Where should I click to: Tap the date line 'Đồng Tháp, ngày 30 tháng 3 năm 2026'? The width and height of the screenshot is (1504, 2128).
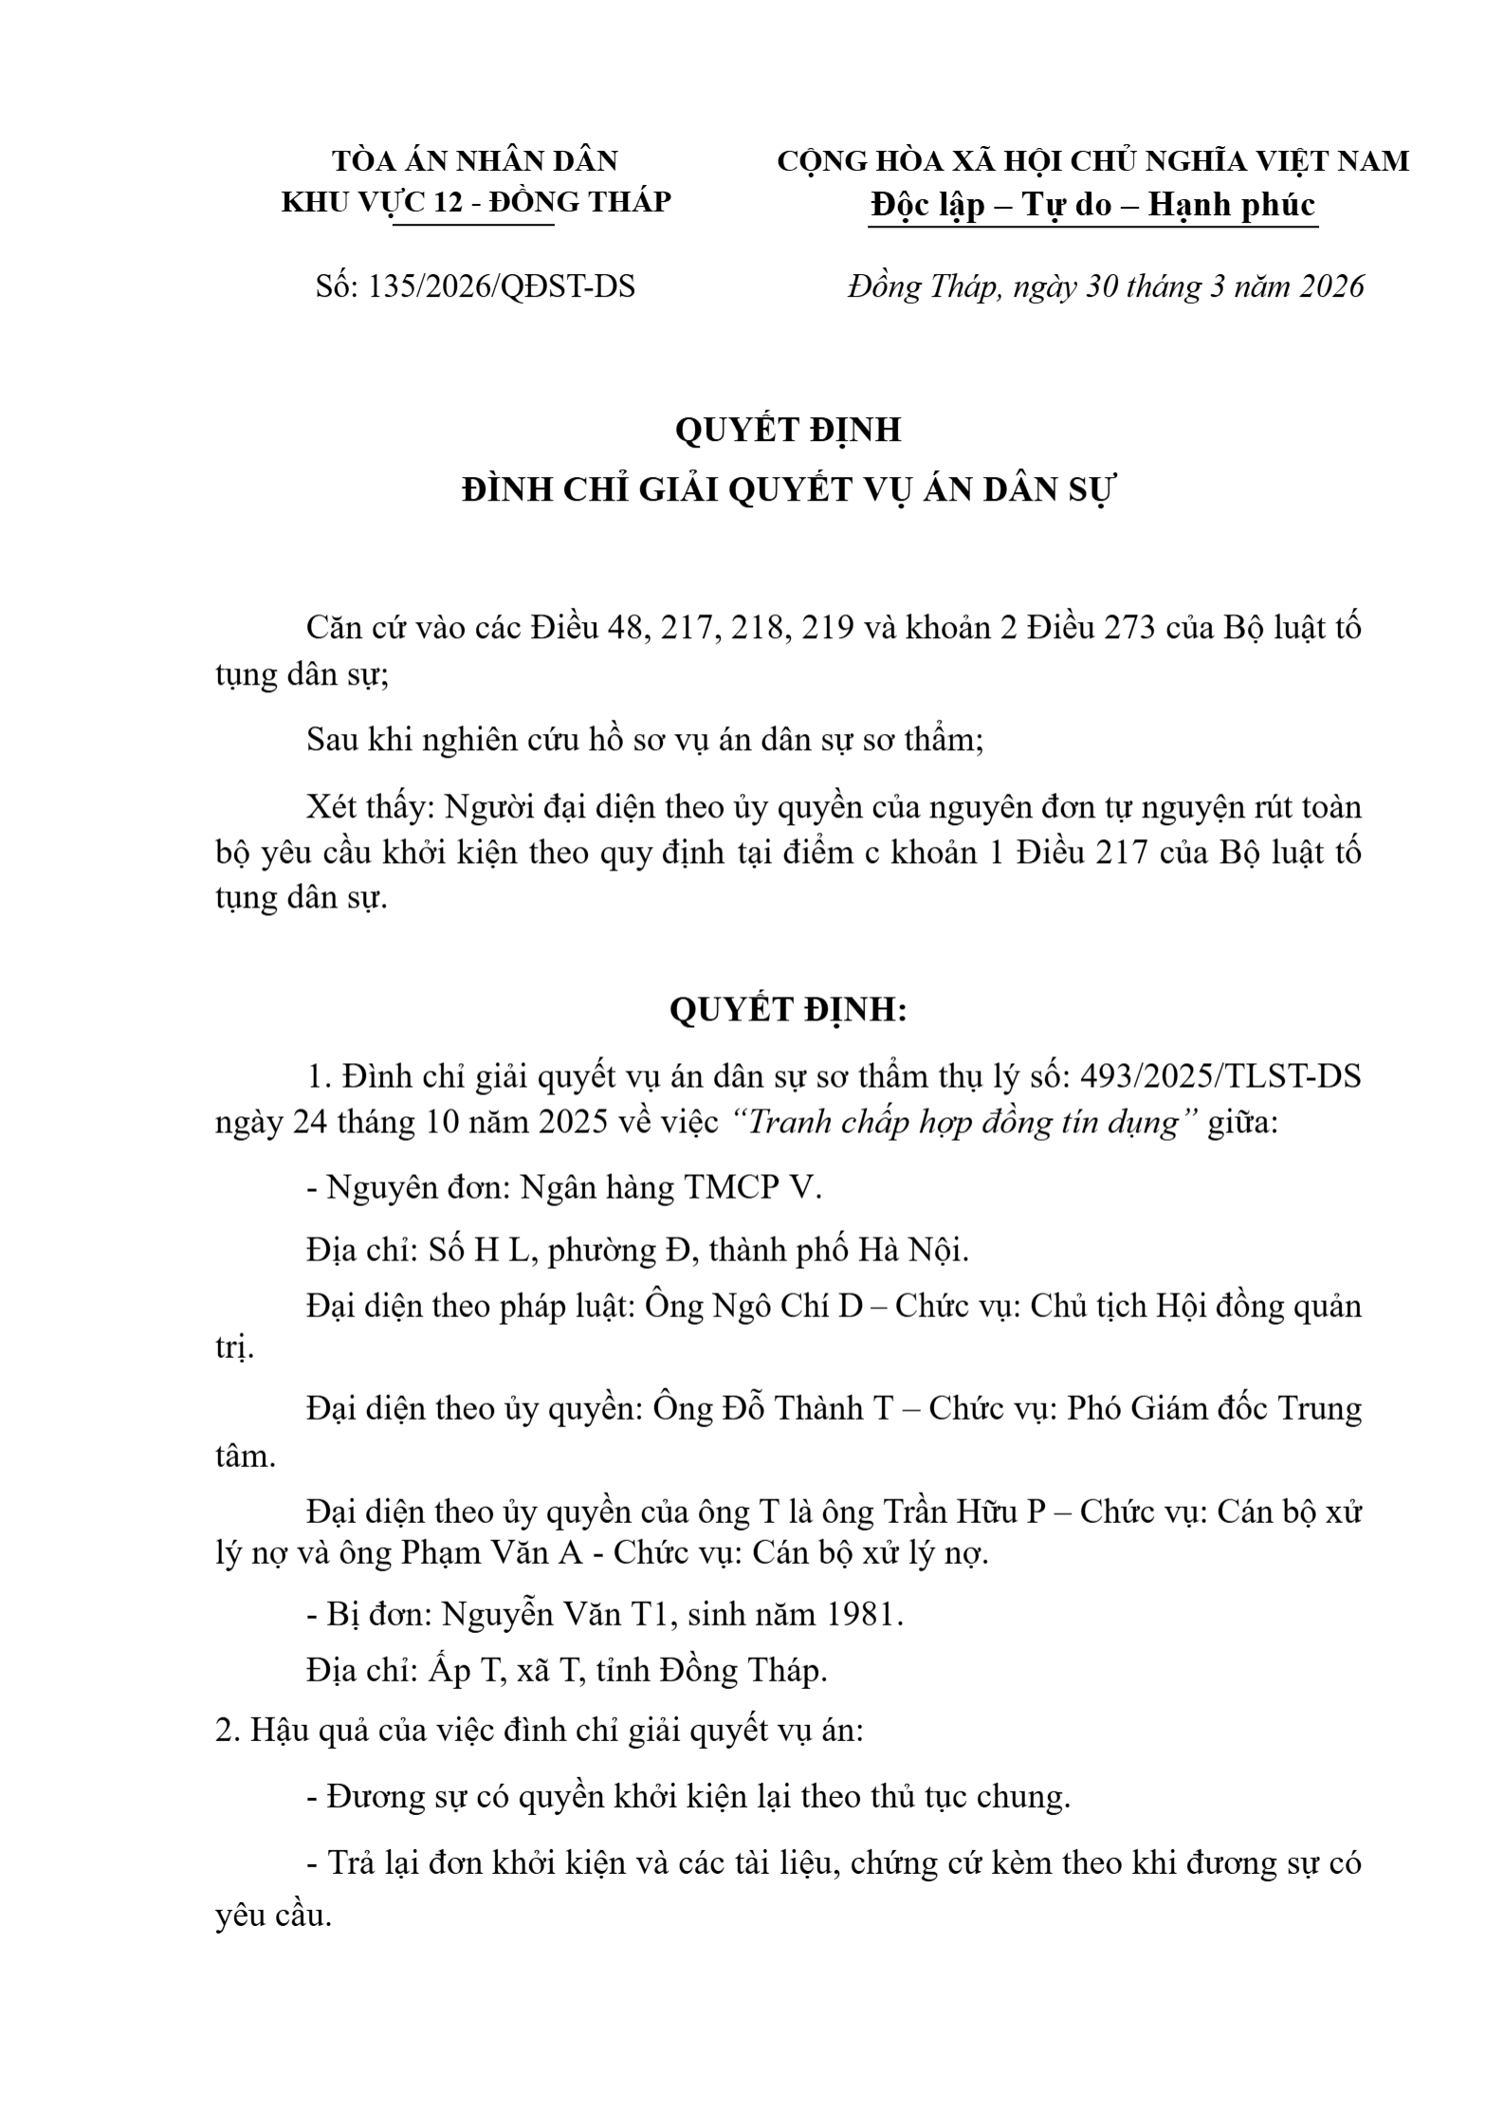(1106, 286)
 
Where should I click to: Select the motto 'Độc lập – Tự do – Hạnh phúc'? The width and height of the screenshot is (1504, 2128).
(1093, 205)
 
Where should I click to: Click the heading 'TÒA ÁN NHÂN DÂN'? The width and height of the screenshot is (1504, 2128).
(476, 161)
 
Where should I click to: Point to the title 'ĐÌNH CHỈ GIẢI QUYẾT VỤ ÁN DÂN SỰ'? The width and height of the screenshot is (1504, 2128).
(790, 491)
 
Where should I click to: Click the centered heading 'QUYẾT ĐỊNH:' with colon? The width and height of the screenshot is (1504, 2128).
(789, 1011)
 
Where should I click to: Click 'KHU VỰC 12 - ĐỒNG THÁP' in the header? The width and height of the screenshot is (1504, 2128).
(476, 202)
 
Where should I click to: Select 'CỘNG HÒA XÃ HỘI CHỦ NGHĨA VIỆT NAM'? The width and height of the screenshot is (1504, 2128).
(1093, 161)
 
